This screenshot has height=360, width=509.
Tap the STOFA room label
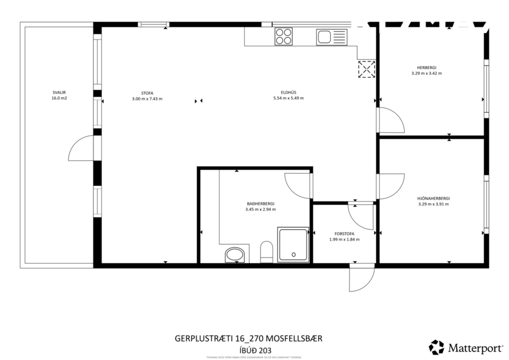147,92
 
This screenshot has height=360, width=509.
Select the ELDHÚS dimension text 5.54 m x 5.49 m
288,98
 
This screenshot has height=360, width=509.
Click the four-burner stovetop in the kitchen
284,37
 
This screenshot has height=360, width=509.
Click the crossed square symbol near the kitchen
366,69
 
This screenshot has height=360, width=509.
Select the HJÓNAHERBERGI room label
434,198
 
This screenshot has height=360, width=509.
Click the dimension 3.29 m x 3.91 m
434,204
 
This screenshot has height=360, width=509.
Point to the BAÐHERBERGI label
261,203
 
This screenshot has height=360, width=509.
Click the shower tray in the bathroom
294,244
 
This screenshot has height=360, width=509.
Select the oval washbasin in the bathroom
235,254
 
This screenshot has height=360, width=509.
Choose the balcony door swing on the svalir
81,149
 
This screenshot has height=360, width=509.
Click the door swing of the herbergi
389,120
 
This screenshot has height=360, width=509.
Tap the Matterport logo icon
436,347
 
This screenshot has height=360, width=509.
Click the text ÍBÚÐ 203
256,350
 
